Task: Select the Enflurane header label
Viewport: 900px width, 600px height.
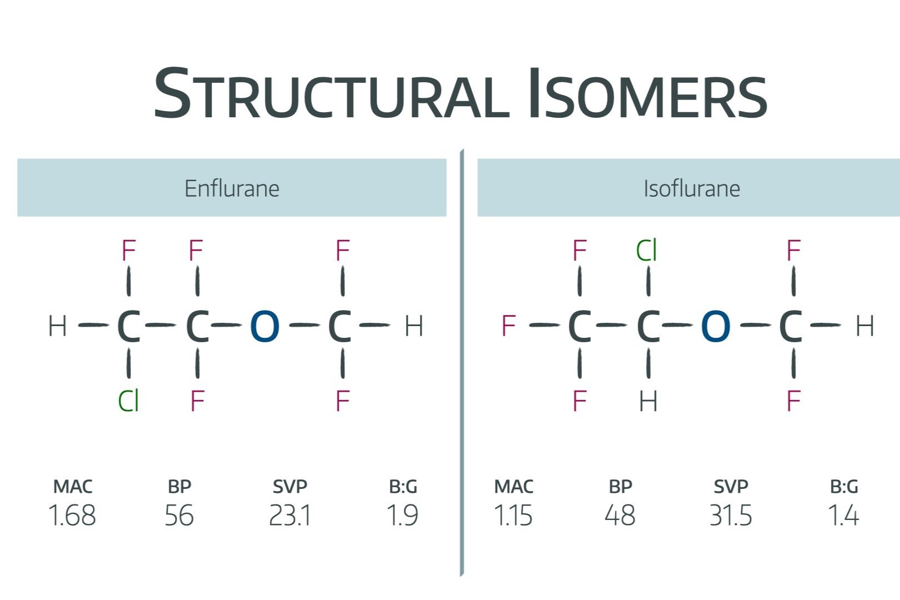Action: click(x=232, y=188)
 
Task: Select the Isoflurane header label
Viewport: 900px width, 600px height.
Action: click(x=692, y=188)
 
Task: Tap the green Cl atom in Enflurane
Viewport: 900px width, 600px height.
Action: click(x=128, y=401)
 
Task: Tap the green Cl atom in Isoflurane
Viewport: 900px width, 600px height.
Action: click(x=647, y=251)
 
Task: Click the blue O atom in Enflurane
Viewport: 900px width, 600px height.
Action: click(x=264, y=326)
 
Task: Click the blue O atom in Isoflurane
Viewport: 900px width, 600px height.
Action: click(x=716, y=326)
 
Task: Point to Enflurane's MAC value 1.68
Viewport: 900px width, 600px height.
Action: click(x=72, y=516)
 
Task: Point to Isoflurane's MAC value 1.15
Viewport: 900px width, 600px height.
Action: click(x=513, y=516)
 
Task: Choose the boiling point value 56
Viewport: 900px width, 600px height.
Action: click(x=179, y=516)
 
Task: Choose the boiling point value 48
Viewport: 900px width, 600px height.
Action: click(x=620, y=516)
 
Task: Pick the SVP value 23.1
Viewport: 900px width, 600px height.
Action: click(x=289, y=516)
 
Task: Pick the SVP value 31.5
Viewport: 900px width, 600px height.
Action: click(x=731, y=516)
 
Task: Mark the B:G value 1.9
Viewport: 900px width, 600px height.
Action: click(x=402, y=516)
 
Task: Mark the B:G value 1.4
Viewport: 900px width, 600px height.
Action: click(x=843, y=516)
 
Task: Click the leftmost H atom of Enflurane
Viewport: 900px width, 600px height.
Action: click(x=58, y=326)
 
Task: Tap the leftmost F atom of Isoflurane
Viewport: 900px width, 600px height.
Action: click(x=508, y=326)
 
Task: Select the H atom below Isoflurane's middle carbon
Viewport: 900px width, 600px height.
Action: click(x=648, y=401)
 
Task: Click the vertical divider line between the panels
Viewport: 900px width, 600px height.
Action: click(x=462, y=361)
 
